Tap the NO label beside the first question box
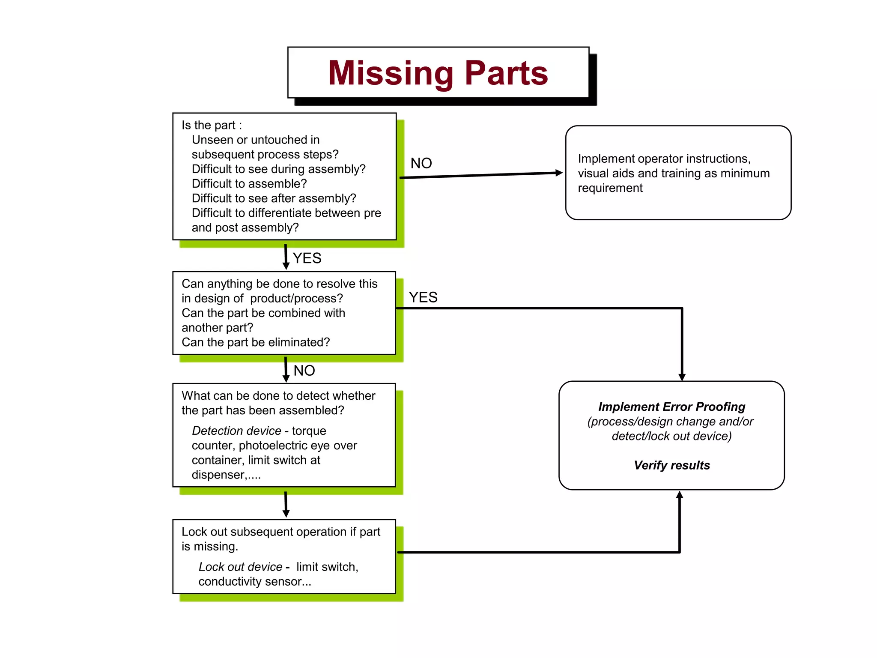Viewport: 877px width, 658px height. click(421, 163)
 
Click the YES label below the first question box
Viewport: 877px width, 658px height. click(307, 258)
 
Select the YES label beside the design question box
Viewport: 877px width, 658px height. click(423, 297)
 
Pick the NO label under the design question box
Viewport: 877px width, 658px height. click(304, 371)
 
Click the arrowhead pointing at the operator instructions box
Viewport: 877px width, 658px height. click(558, 173)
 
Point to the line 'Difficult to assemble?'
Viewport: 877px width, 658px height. click(249, 184)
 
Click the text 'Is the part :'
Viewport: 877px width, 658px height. click(212, 125)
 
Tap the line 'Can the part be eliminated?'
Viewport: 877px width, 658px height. click(256, 342)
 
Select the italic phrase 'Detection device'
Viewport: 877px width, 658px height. click(236, 431)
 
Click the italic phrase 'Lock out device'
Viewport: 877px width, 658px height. click(240, 567)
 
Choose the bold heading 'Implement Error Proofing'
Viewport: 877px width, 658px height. click(671, 407)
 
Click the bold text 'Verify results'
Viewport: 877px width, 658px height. click(671, 465)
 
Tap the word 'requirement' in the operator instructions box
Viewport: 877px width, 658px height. click(610, 188)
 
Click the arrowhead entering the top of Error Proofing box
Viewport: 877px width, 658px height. click(682, 377)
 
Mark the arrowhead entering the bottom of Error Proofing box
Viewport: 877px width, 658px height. click(680, 495)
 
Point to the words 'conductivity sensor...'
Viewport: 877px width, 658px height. click(254, 582)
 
